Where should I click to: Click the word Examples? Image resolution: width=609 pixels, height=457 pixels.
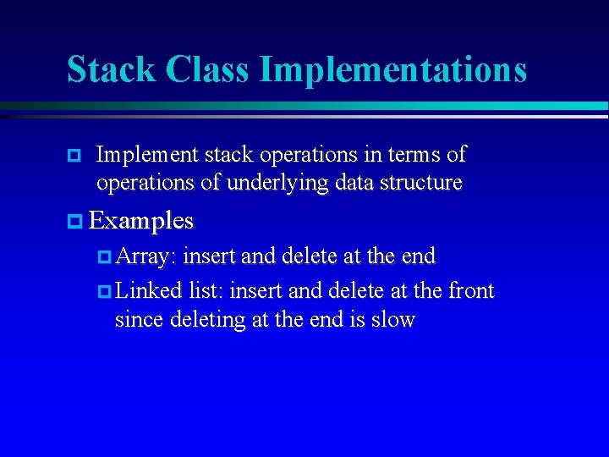141,222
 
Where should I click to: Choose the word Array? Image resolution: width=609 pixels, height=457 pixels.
145,256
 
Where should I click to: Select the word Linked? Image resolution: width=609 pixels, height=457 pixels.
149,291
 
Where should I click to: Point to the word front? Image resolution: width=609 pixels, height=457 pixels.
469,291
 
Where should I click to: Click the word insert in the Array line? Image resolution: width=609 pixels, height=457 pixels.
209,256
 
